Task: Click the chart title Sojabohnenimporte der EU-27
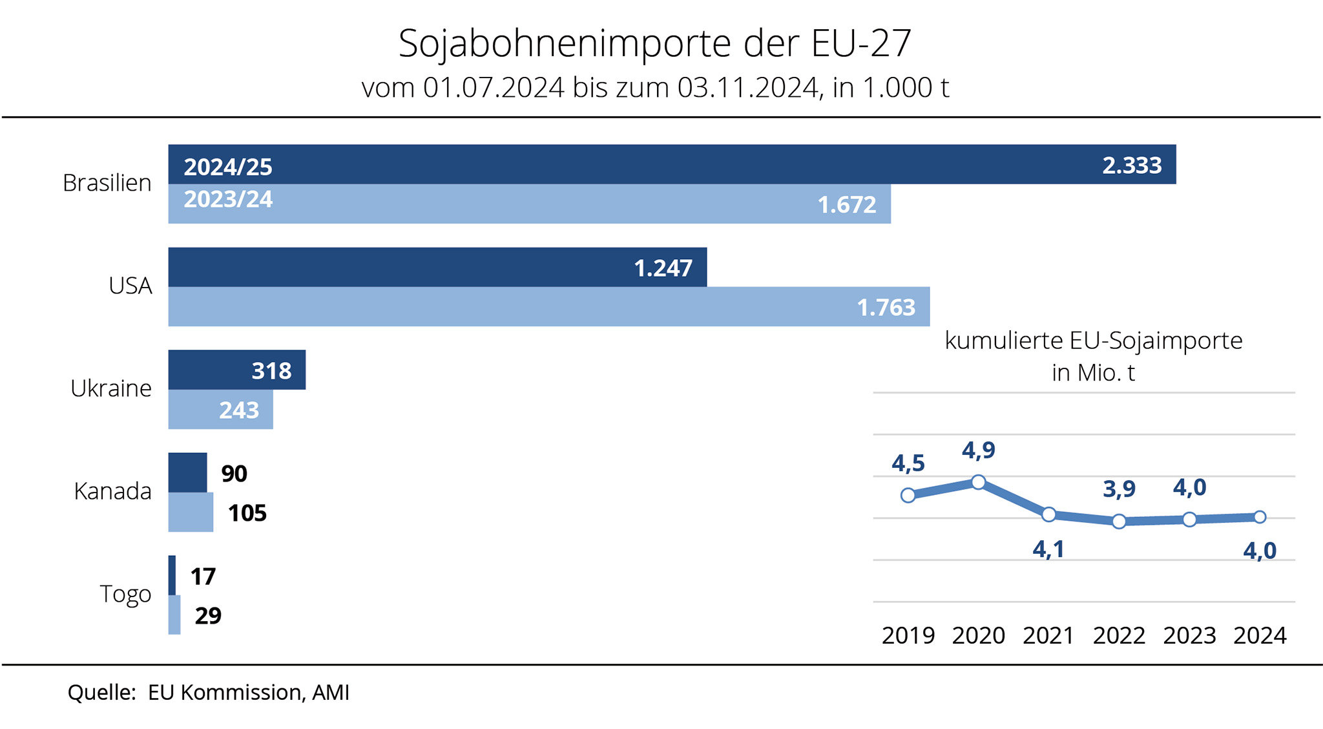pyautogui.click(x=654, y=44)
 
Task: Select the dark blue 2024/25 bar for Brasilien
pyautogui.click(x=672, y=164)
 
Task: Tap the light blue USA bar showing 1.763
pyautogui.click(x=549, y=306)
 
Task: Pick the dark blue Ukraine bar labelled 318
pyautogui.click(x=236, y=370)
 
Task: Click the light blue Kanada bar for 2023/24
pyautogui.click(x=191, y=512)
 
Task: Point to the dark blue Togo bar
pyautogui.click(x=172, y=575)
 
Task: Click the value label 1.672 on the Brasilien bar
pyautogui.click(x=847, y=205)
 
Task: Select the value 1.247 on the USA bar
pyautogui.click(x=663, y=268)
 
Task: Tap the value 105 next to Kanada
pyautogui.click(x=247, y=513)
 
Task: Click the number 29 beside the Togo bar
pyautogui.click(x=208, y=615)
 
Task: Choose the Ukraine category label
pyautogui.click(x=111, y=388)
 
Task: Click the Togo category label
pyautogui.click(x=125, y=594)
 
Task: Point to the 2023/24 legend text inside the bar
pyautogui.click(x=228, y=199)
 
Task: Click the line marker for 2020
pyautogui.click(x=979, y=482)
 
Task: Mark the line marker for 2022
pyautogui.click(x=1120, y=522)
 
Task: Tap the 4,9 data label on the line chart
pyautogui.click(x=979, y=450)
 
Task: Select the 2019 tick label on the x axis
pyautogui.click(x=908, y=636)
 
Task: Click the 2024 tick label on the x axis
pyautogui.click(x=1260, y=636)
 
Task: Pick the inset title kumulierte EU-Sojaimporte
pyautogui.click(x=1093, y=341)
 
